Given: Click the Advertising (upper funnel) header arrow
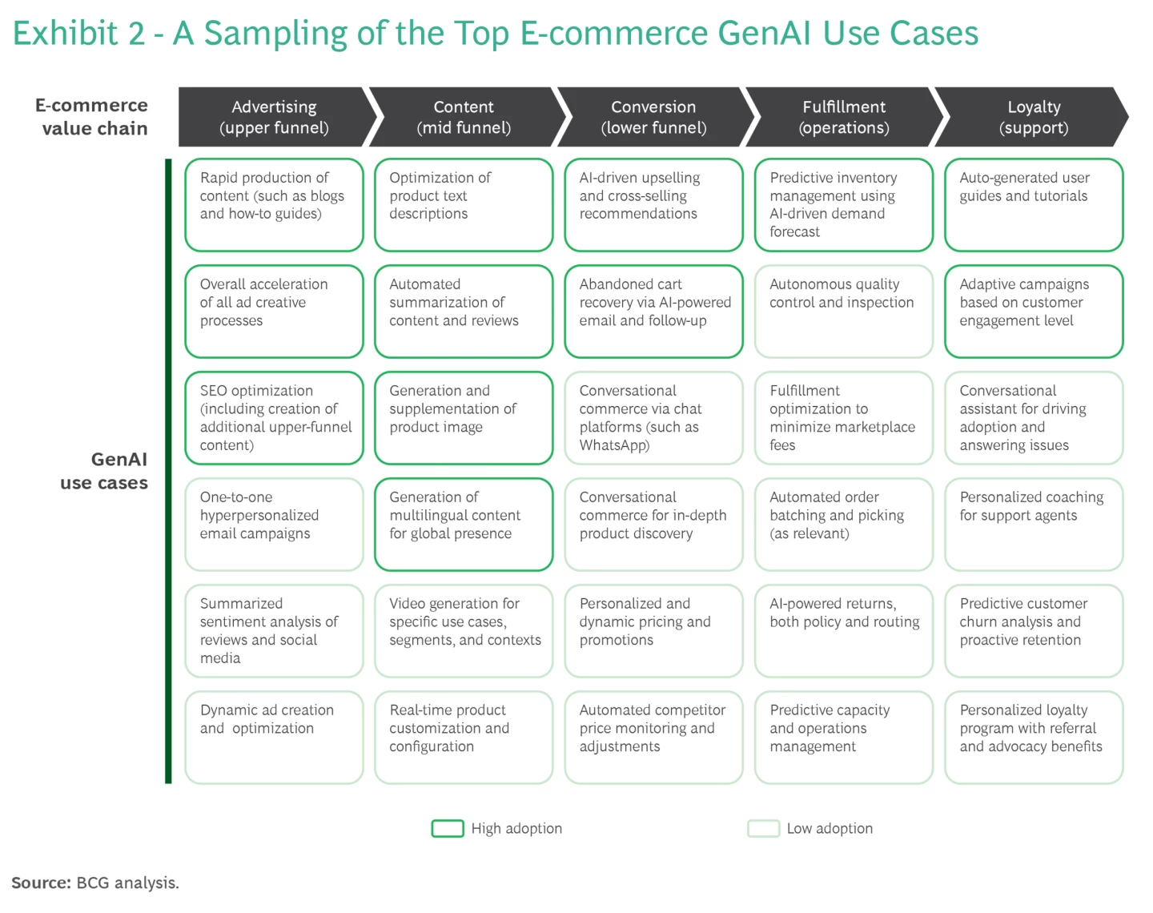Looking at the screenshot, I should pos(274,117).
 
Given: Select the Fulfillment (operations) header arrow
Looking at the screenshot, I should pos(844,117).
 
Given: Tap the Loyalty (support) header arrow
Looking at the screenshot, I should pos(1033,117).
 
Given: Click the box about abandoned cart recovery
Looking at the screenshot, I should pos(653,311).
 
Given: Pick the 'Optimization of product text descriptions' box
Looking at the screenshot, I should pos(464,204).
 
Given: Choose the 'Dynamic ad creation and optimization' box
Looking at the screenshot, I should pos(274,737).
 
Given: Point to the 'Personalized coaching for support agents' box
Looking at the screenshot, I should pos(1034,524).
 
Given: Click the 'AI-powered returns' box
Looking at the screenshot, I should pos(844,630).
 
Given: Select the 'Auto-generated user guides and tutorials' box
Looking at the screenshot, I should pos(1034,204).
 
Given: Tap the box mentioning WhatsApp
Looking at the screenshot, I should pos(653,417).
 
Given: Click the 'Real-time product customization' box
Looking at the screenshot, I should pos(464,737).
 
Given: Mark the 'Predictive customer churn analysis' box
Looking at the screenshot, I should pos(1034,630).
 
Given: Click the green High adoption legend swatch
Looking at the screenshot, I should pos(448,828).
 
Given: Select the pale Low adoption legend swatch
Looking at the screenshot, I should pos(763,828).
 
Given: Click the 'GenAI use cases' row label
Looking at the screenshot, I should pos(104,471).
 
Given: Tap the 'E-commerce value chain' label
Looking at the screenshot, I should pos(92,117).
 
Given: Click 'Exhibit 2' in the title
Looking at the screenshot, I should pos(78,34).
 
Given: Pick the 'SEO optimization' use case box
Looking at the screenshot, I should pos(274,417).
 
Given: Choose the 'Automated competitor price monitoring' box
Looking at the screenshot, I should pos(653,737).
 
